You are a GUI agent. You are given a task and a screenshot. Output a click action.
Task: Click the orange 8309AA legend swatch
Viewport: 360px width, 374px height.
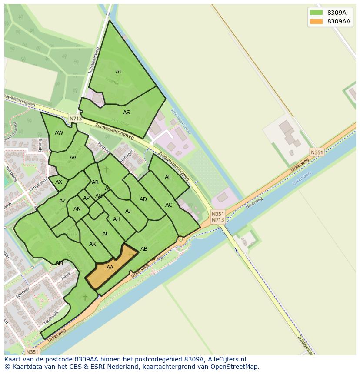pyautogui.click(x=316, y=21)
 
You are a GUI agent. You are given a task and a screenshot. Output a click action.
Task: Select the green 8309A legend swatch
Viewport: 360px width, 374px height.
pyautogui.click(x=316, y=13)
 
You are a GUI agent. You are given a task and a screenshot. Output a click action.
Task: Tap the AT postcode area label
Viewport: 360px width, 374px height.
pyautogui.click(x=119, y=72)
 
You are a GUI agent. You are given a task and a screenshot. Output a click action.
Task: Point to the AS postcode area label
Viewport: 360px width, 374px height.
pyautogui.click(x=126, y=113)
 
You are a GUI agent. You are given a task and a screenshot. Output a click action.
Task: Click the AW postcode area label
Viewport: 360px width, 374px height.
pyautogui.click(x=59, y=133)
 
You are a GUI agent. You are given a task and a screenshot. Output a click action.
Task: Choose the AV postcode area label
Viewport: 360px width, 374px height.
pyautogui.click(x=73, y=158)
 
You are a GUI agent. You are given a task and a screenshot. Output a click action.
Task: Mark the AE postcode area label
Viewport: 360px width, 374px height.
pyautogui.click(x=168, y=177)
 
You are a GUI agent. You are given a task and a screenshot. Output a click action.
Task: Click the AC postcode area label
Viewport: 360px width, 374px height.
pyautogui.click(x=169, y=205)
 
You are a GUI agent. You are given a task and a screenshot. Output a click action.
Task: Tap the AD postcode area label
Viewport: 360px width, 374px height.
pyautogui.click(x=143, y=199)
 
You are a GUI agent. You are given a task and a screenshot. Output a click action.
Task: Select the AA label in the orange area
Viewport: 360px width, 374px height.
pyautogui.click(x=110, y=268)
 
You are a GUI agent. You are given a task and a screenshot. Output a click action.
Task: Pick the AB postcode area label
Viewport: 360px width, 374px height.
pyautogui.click(x=144, y=249)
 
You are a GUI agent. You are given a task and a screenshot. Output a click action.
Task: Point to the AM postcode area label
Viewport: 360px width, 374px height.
pyautogui.click(x=59, y=263)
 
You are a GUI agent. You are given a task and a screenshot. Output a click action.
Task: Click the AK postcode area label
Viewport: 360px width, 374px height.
pyautogui.click(x=92, y=244)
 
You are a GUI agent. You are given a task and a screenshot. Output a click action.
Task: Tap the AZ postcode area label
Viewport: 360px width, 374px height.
pyautogui.click(x=63, y=201)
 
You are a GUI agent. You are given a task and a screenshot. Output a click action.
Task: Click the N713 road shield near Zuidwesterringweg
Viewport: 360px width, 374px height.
pyautogui.click(x=75, y=119)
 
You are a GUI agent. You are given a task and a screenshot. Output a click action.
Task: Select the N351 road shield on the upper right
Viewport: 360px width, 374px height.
pyautogui.click(x=317, y=152)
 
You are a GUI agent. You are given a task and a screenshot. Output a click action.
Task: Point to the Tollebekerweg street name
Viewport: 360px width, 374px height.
pyautogui.click(x=94, y=60)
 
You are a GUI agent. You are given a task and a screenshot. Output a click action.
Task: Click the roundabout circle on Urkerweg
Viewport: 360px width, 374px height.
pyautogui.click(x=180, y=239)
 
